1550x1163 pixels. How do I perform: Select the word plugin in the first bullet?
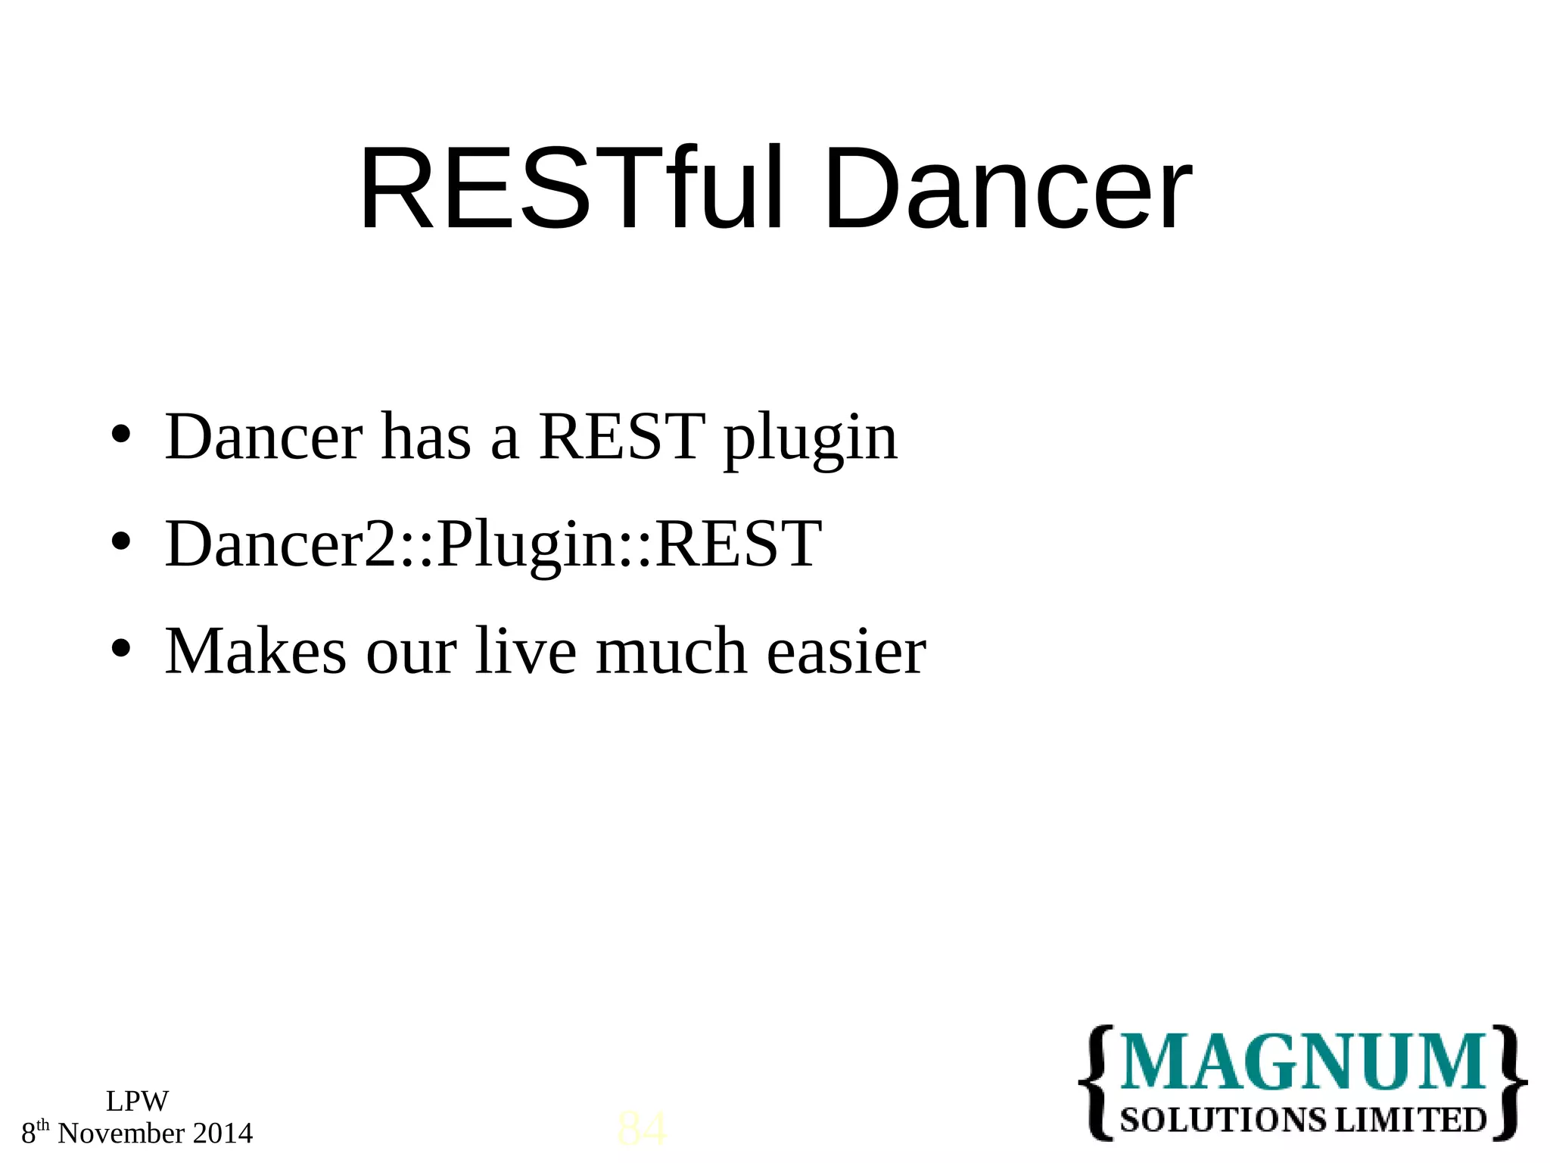click(810, 439)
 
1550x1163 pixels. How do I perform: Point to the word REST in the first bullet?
click(621, 437)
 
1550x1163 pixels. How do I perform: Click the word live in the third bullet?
click(526, 651)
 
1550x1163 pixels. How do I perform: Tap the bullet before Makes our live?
click(121, 649)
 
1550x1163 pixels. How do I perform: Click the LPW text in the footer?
click(137, 1102)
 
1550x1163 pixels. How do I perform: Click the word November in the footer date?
click(121, 1133)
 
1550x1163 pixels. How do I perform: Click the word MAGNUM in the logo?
click(1302, 1063)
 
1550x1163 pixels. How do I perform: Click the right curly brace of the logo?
click(1508, 1083)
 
